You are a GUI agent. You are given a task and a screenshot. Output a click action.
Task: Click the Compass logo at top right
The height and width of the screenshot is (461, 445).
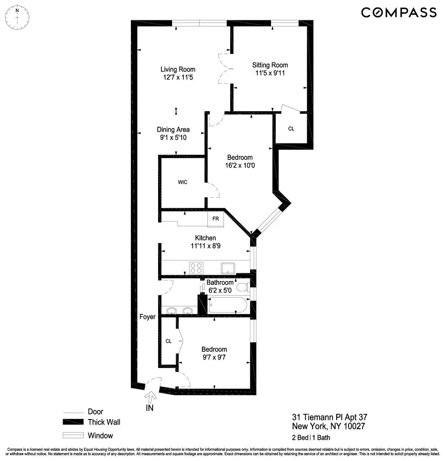[x=398, y=12]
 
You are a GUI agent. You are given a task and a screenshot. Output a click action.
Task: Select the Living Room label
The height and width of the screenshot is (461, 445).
[x=178, y=70]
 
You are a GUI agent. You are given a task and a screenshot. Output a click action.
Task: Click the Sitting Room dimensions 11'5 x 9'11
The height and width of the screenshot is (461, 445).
[x=270, y=73]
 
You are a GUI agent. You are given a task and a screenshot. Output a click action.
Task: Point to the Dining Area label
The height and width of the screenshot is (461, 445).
[x=173, y=130]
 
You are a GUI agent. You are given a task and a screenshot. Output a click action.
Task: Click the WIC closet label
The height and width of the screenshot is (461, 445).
[x=182, y=182]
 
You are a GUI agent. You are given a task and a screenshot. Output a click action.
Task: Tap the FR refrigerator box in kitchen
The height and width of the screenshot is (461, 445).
[x=215, y=219]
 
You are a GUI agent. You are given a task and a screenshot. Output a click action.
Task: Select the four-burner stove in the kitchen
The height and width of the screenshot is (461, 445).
[x=196, y=267]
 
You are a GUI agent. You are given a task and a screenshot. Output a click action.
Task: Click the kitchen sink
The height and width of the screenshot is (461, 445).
[x=227, y=267]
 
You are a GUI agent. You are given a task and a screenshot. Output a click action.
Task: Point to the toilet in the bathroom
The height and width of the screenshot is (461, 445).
[x=241, y=288]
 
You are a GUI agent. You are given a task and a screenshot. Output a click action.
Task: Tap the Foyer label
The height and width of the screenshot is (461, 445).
[x=148, y=317]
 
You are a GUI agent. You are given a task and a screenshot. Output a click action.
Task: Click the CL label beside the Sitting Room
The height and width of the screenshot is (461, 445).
[x=291, y=129]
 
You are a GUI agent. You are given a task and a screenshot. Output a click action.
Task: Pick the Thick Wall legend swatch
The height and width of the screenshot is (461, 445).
[x=74, y=422]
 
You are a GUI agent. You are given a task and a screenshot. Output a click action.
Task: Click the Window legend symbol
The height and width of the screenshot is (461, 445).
[x=74, y=435]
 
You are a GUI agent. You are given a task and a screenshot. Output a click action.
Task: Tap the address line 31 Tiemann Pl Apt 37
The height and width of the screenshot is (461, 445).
[x=330, y=417]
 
